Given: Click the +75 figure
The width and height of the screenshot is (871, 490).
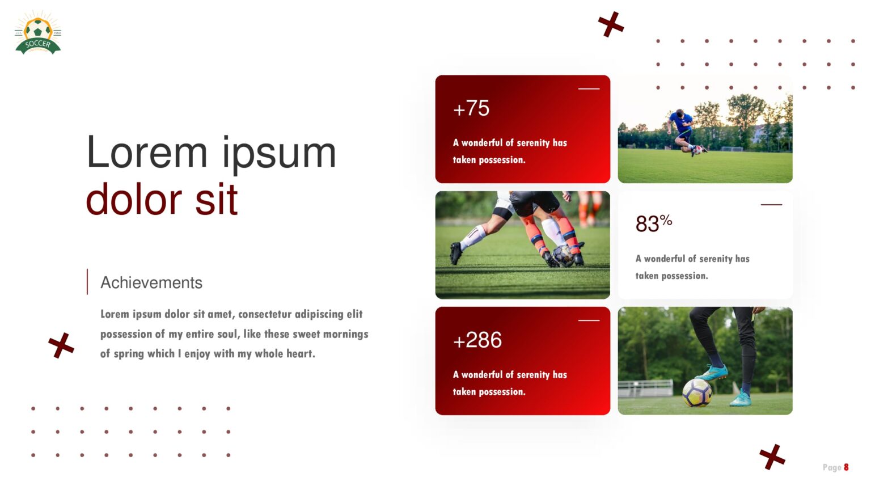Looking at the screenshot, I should pyautogui.click(x=471, y=108).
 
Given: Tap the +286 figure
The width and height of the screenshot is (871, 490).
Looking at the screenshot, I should pyautogui.click(x=477, y=340).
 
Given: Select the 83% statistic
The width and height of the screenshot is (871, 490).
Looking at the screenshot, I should pyautogui.click(x=653, y=223).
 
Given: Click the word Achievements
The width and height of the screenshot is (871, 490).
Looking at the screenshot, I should pyautogui.click(x=151, y=282).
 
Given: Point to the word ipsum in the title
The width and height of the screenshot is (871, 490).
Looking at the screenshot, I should pyautogui.click(x=279, y=153).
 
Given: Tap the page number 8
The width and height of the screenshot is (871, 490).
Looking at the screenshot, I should pyautogui.click(x=846, y=467).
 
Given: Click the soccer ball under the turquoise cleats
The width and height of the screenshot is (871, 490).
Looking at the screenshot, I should pyautogui.click(x=697, y=392).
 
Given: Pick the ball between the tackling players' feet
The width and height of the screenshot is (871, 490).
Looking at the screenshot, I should pyautogui.click(x=563, y=255).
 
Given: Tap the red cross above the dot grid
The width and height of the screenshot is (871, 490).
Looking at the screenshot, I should pyautogui.click(x=611, y=24).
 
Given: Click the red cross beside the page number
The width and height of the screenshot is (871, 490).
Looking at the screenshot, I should pyautogui.click(x=772, y=457).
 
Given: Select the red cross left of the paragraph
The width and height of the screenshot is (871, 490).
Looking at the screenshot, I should pyautogui.click(x=61, y=345).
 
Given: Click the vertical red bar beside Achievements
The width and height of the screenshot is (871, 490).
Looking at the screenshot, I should pyautogui.click(x=87, y=282).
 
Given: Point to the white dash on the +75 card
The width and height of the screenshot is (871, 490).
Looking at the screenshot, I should pyautogui.click(x=589, y=88).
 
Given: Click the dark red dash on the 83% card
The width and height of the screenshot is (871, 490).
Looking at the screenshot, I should pyautogui.click(x=771, y=205).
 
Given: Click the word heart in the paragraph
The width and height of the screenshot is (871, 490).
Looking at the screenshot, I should pyautogui.click(x=299, y=354).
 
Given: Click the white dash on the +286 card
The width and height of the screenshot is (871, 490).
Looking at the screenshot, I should pyautogui.click(x=589, y=320).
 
